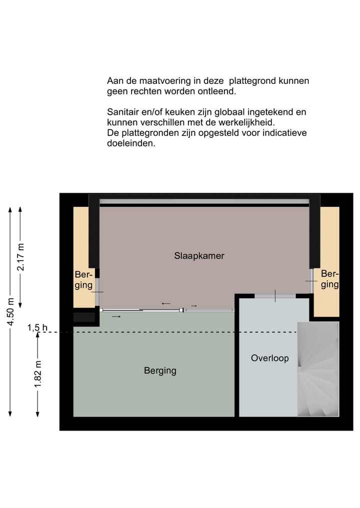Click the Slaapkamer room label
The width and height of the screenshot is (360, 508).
199,256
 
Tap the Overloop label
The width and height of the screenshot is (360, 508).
269,358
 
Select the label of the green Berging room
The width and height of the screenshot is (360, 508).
160,371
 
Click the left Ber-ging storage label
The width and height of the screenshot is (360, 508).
83,280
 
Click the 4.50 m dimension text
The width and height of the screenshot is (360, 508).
10,312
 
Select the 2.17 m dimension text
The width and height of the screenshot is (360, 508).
20,257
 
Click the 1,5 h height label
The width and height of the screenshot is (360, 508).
37,328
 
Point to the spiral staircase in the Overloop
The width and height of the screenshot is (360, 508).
318,370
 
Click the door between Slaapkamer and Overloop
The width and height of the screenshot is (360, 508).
275,296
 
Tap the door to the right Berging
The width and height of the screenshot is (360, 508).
311,282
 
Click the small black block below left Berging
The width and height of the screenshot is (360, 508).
84,317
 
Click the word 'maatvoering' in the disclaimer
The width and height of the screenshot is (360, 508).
159,81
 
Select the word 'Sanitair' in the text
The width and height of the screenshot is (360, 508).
123,112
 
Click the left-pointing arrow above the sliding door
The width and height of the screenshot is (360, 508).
165,303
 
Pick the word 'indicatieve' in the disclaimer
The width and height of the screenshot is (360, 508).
283,133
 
